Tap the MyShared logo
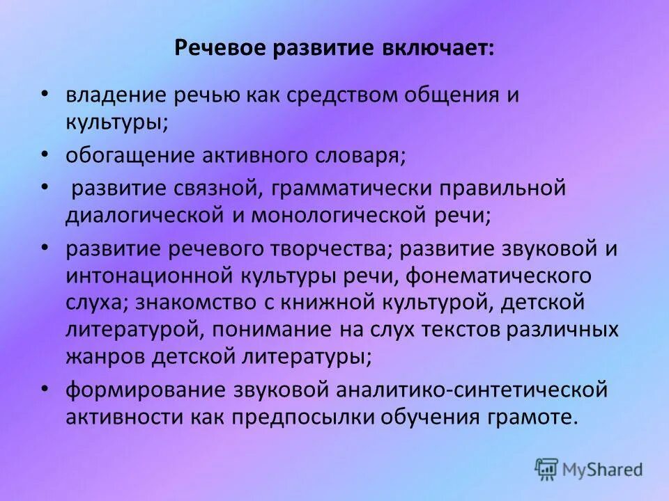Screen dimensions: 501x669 click(x=589, y=470)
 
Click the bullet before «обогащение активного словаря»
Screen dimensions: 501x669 click(x=45, y=154)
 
